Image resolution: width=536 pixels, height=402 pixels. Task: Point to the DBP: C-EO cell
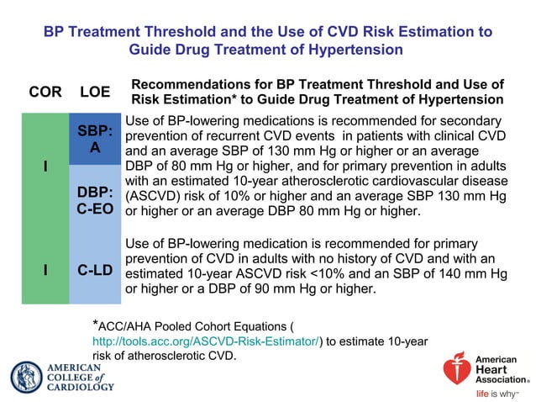[x=95, y=200]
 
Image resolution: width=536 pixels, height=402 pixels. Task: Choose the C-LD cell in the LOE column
[x=95, y=270]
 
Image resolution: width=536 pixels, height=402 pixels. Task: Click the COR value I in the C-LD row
[x=45, y=270]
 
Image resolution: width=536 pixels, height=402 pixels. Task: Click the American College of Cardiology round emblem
[x=27, y=377]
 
